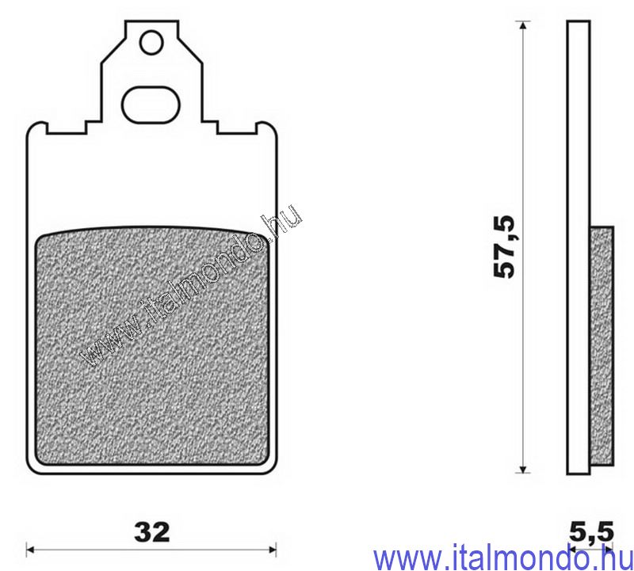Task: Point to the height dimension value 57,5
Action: pyautogui.click(x=505, y=246)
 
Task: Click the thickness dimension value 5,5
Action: pyautogui.click(x=591, y=530)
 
